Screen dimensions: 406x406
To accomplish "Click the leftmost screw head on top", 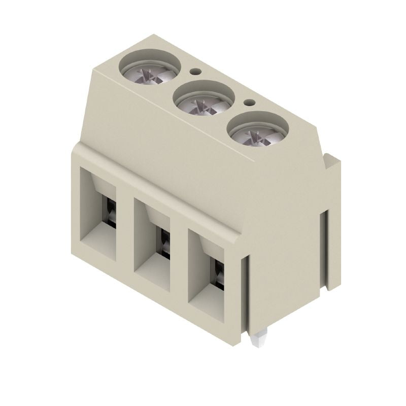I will click(x=150, y=67).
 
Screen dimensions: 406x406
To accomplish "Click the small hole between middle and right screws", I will click(x=249, y=103).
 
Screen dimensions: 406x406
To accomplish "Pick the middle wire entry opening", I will click(x=154, y=242).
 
